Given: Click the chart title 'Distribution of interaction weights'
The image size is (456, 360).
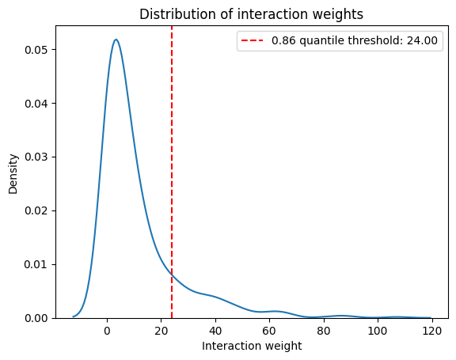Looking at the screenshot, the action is pyautogui.click(x=251, y=14).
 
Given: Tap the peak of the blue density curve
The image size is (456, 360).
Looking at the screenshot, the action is pyautogui.click(x=116, y=40).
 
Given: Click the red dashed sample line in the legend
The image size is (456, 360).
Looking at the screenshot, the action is pyautogui.click(x=252, y=40).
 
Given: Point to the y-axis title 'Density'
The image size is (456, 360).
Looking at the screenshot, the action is pyautogui.click(x=13, y=174).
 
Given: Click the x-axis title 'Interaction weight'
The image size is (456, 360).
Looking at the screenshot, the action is pyautogui.click(x=252, y=346).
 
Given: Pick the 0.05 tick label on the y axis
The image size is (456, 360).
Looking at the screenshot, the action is pyautogui.click(x=36, y=50).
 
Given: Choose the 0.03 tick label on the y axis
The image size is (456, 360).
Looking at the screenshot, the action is pyautogui.click(x=36, y=157).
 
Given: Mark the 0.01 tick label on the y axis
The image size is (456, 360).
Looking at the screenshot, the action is pyautogui.click(x=36, y=265).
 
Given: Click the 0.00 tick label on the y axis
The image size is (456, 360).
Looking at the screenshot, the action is pyautogui.click(x=36, y=318).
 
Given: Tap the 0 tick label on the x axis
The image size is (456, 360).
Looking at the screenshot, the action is pyautogui.click(x=108, y=331).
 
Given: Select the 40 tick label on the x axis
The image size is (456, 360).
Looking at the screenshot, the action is pyautogui.click(x=215, y=331).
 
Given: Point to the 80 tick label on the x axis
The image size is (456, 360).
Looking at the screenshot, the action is pyautogui.click(x=324, y=331).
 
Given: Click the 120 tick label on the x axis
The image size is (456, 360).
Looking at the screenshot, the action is pyautogui.click(x=432, y=331).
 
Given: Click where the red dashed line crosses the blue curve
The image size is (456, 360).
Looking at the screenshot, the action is pyautogui.click(x=172, y=275).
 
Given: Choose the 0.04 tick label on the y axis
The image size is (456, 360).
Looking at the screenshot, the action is pyautogui.click(x=36, y=104).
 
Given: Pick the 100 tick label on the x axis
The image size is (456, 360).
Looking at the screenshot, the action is pyautogui.click(x=378, y=331).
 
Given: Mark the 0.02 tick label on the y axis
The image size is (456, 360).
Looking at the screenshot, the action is pyautogui.click(x=36, y=211).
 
